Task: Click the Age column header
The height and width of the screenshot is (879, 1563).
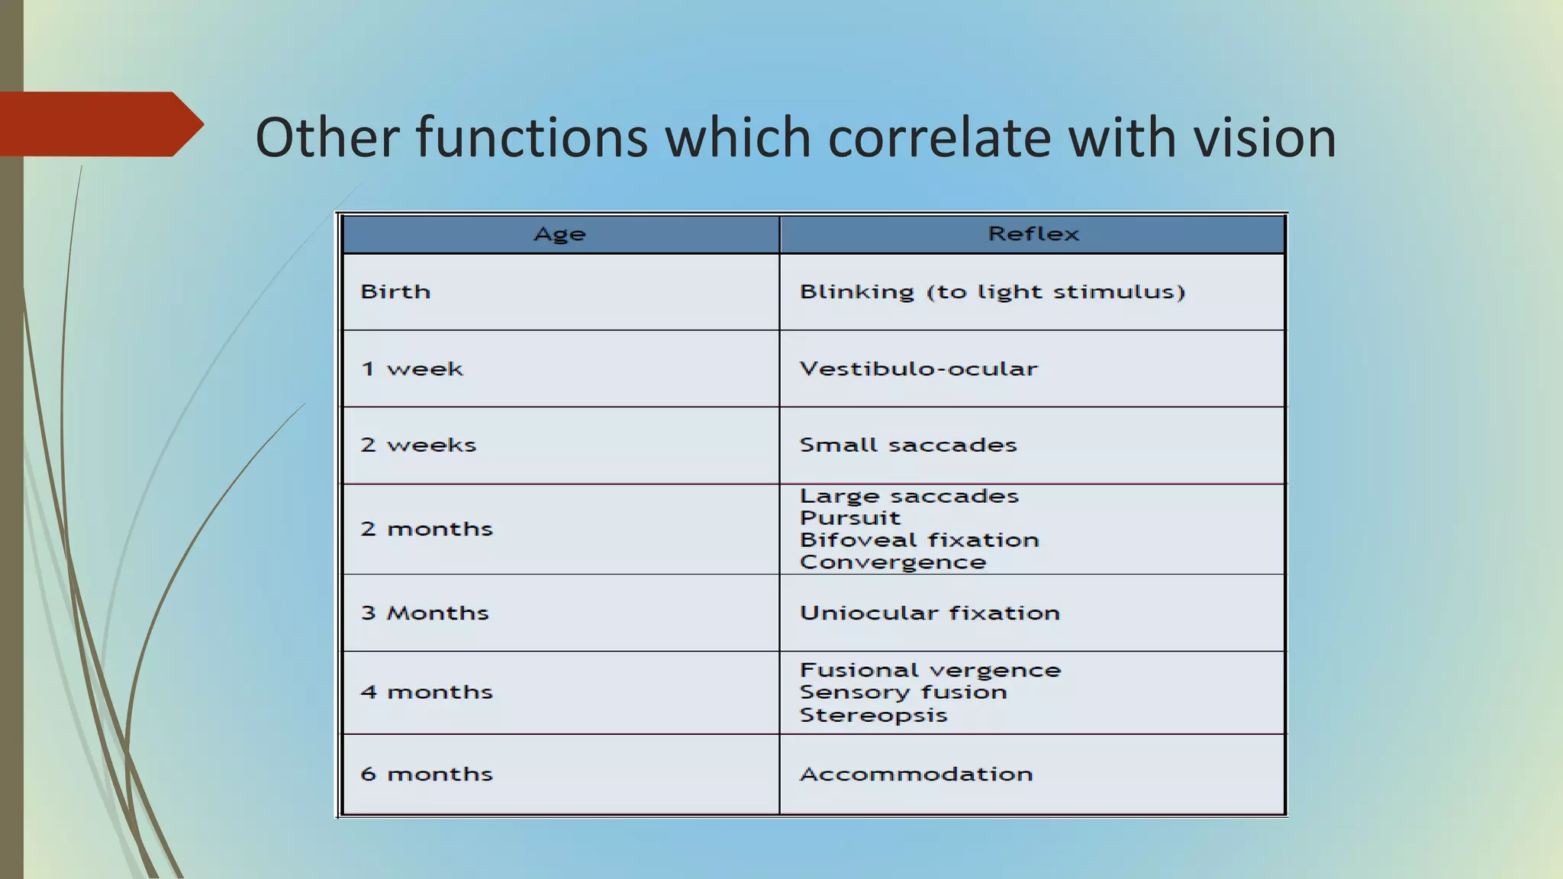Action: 559,234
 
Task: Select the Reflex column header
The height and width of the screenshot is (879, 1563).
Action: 1033,234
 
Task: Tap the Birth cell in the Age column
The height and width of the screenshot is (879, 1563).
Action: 395,292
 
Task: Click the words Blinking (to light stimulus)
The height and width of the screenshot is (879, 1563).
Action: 991,292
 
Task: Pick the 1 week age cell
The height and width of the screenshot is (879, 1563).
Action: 412,369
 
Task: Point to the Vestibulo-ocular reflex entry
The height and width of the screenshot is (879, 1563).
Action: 918,369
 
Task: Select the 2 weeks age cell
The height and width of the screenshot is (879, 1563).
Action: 418,446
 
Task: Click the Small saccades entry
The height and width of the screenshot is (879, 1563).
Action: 908,446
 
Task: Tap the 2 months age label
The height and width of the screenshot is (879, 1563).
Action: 427,529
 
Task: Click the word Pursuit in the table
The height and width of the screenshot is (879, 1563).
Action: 850,518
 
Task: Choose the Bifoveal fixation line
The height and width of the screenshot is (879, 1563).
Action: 919,540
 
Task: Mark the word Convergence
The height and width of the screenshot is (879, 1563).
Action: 893,562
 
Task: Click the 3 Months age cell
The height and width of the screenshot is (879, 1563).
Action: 424,613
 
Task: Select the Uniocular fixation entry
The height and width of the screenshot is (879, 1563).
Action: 930,613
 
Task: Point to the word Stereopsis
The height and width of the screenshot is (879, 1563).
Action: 873,716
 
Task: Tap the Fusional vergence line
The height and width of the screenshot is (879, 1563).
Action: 930,671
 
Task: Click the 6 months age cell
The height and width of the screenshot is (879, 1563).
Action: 427,774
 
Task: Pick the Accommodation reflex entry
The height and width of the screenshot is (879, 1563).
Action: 916,774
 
